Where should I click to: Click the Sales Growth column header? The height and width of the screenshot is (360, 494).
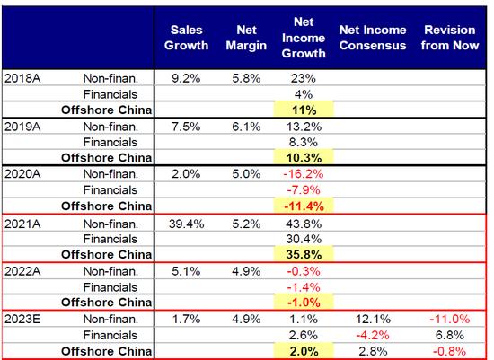pyautogui.click(x=186, y=38)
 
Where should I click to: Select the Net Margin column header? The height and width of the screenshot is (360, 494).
pyautogui.click(x=246, y=38)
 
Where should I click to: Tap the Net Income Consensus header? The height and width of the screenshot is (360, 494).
pyautogui.click(x=373, y=38)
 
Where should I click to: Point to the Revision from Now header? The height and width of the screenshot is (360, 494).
pyautogui.click(x=450, y=38)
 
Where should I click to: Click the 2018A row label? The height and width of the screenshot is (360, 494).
pyautogui.click(x=22, y=78)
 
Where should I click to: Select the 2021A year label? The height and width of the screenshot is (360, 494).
pyautogui.click(x=22, y=224)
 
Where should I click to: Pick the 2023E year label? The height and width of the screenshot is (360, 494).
pyautogui.click(x=22, y=319)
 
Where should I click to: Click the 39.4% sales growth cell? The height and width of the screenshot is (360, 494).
pyautogui.click(x=186, y=224)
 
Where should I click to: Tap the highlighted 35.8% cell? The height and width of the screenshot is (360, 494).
pyautogui.click(x=304, y=254)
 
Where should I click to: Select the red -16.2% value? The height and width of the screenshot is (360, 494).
pyautogui.click(x=304, y=174)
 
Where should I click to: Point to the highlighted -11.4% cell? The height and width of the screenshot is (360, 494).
pyautogui.click(x=304, y=206)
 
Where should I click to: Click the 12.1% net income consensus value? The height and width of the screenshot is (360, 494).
pyautogui.click(x=373, y=319)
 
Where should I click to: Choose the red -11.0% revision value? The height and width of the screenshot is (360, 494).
pyautogui.click(x=450, y=319)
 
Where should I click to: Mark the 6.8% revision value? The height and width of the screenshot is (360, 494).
pyautogui.click(x=450, y=335)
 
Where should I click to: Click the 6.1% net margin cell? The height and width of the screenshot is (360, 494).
pyautogui.click(x=246, y=127)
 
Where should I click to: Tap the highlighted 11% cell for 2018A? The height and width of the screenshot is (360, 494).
pyautogui.click(x=304, y=110)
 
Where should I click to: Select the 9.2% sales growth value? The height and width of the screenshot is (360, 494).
pyautogui.click(x=186, y=78)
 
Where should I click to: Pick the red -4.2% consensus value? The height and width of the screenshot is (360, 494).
pyautogui.click(x=373, y=335)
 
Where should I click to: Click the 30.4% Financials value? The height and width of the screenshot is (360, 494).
pyautogui.click(x=304, y=239)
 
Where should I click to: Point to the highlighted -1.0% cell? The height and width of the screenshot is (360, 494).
pyautogui.click(x=304, y=303)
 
